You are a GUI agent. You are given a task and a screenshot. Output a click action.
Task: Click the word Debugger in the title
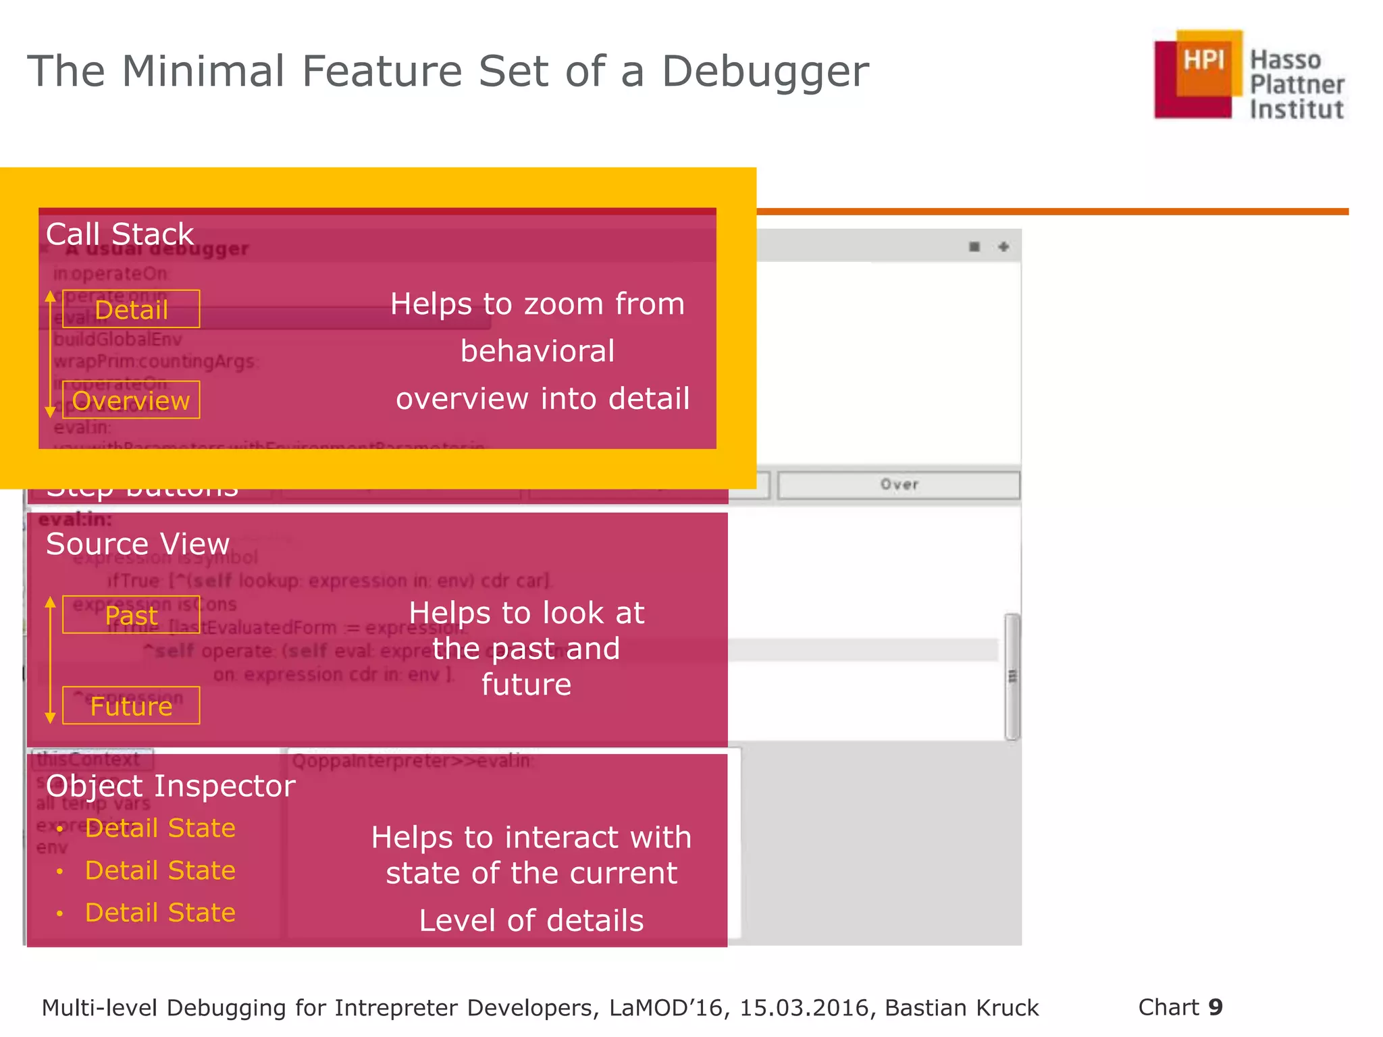coord(764,72)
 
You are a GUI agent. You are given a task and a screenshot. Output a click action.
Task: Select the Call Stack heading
coord(120,234)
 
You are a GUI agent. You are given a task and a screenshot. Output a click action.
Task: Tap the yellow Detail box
coord(131,309)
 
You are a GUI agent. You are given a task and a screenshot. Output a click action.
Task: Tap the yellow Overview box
coord(131,400)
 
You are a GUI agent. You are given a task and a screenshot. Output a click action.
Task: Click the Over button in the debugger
coord(898,485)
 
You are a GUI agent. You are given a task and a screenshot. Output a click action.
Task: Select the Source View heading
coord(138,544)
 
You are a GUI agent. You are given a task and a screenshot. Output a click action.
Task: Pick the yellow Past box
coord(131,615)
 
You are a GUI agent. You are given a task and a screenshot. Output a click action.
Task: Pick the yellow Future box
coord(131,706)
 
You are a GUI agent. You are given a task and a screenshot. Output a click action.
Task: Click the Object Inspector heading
coord(170,786)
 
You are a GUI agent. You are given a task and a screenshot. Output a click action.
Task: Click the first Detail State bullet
coord(160,828)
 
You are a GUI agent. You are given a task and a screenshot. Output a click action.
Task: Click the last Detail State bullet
coord(160,913)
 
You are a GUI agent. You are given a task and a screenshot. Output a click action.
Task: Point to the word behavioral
coord(538,351)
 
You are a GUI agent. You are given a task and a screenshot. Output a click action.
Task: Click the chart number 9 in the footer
coord(1216,1007)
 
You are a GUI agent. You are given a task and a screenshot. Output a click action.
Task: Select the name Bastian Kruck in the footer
coord(962,1008)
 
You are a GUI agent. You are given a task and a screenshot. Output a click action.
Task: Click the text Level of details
coord(531,921)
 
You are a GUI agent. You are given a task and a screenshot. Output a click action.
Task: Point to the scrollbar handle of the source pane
coord(1012,676)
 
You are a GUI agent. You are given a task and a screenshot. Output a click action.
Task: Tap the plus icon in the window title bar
coord(1003,247)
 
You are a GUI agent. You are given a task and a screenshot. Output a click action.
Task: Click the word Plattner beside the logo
coord(1297,85)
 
